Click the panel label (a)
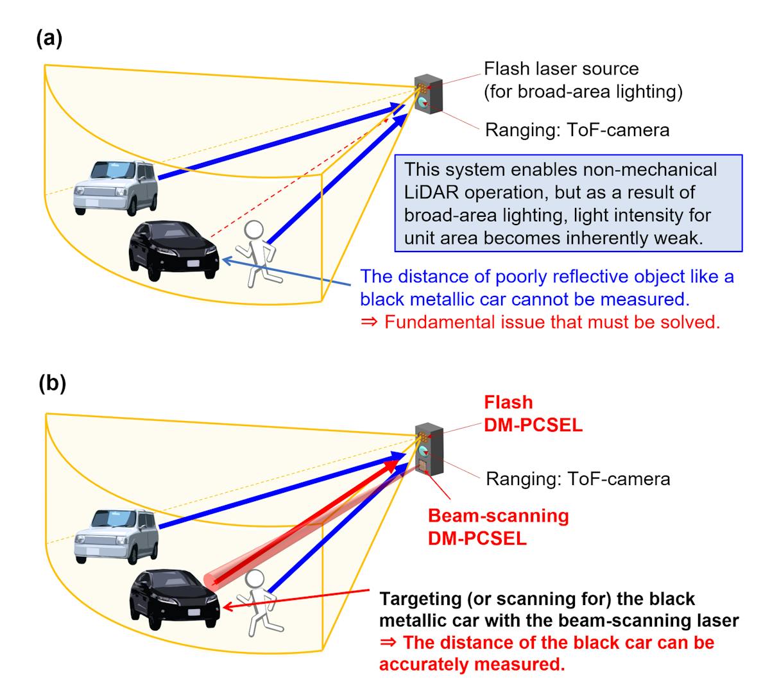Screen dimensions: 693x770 pyautogui.click(x=49, y=39)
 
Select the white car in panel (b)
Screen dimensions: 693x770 pyautogui.click(x=116, y=536)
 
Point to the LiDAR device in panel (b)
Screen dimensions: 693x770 pyautogui.click(x=429, y=449)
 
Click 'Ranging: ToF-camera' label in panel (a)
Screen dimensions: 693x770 pyautogui.click(x=577, y=130)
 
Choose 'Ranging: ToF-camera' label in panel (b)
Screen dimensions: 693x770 pyautogui.click(x=577, y=479)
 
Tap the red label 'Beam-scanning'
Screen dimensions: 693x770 pyautogui.click(x=498, y=516)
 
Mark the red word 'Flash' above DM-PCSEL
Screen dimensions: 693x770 pyautogui.click(x=509, y=402)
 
